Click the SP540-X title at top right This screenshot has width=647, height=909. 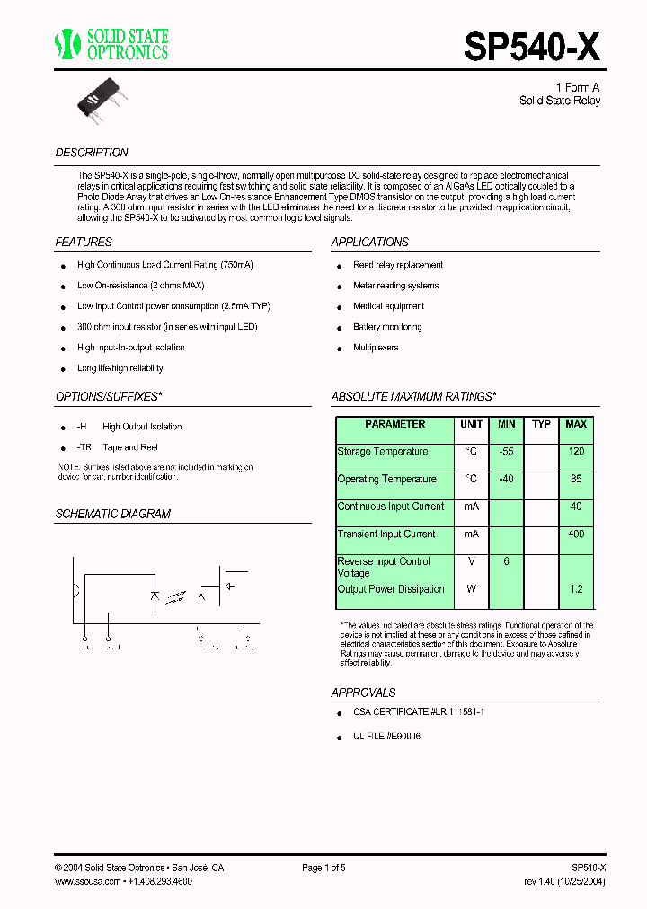[x=532, y=45]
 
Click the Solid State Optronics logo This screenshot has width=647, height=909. [x=111, y=44]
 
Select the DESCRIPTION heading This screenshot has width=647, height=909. [x=92, y=153]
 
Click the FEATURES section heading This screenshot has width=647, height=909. [x=84, y=243]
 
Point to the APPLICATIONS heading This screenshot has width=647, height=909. [x=369, y=243]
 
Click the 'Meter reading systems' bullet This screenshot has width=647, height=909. [x=395, y=286]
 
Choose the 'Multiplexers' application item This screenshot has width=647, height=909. [x=376, y=348]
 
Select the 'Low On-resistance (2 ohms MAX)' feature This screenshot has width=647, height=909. [x=141, y=286]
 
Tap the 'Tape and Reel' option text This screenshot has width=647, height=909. [x=130, y=447]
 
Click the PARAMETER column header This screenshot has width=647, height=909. [x=394, y=424]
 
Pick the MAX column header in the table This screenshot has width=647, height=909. [x=576, y=424]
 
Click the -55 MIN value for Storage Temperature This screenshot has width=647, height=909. [x=506, y=452]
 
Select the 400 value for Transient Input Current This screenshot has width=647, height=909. [x=576, y=534]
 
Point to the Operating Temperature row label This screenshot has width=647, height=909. [x=386, y=480]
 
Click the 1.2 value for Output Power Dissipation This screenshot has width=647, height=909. [x=576, y=589]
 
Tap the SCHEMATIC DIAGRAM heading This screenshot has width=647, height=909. [x=113, y=515]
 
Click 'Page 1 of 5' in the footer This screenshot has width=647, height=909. [x=323, y=868]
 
